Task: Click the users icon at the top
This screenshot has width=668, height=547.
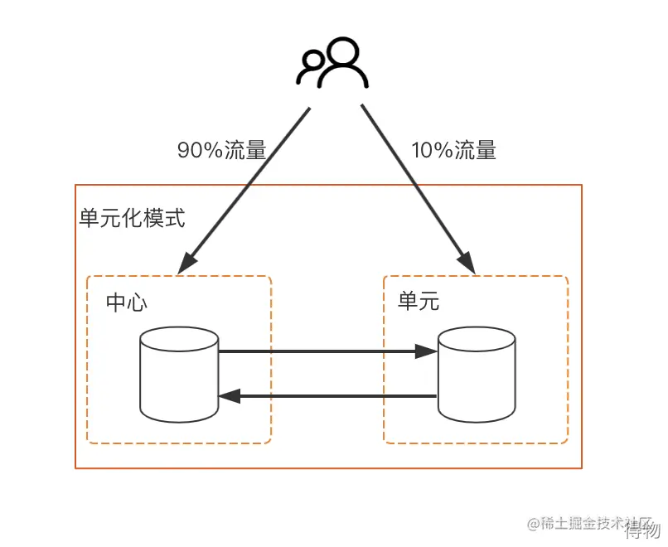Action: point(332,63)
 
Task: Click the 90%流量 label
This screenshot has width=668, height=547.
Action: point(221,151)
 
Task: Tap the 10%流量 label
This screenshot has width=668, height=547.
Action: point(453,151)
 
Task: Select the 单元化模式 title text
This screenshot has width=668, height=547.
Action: point(132,219)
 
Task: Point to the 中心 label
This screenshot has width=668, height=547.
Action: point(127,303)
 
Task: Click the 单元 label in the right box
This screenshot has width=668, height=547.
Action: point(419,302)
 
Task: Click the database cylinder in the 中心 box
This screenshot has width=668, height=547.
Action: point(179,375)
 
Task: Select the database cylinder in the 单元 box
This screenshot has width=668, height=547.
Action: point(477,375)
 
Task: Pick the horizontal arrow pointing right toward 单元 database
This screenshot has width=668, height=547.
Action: point(327,352)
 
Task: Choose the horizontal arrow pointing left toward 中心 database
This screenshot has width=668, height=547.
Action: point(327,397)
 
